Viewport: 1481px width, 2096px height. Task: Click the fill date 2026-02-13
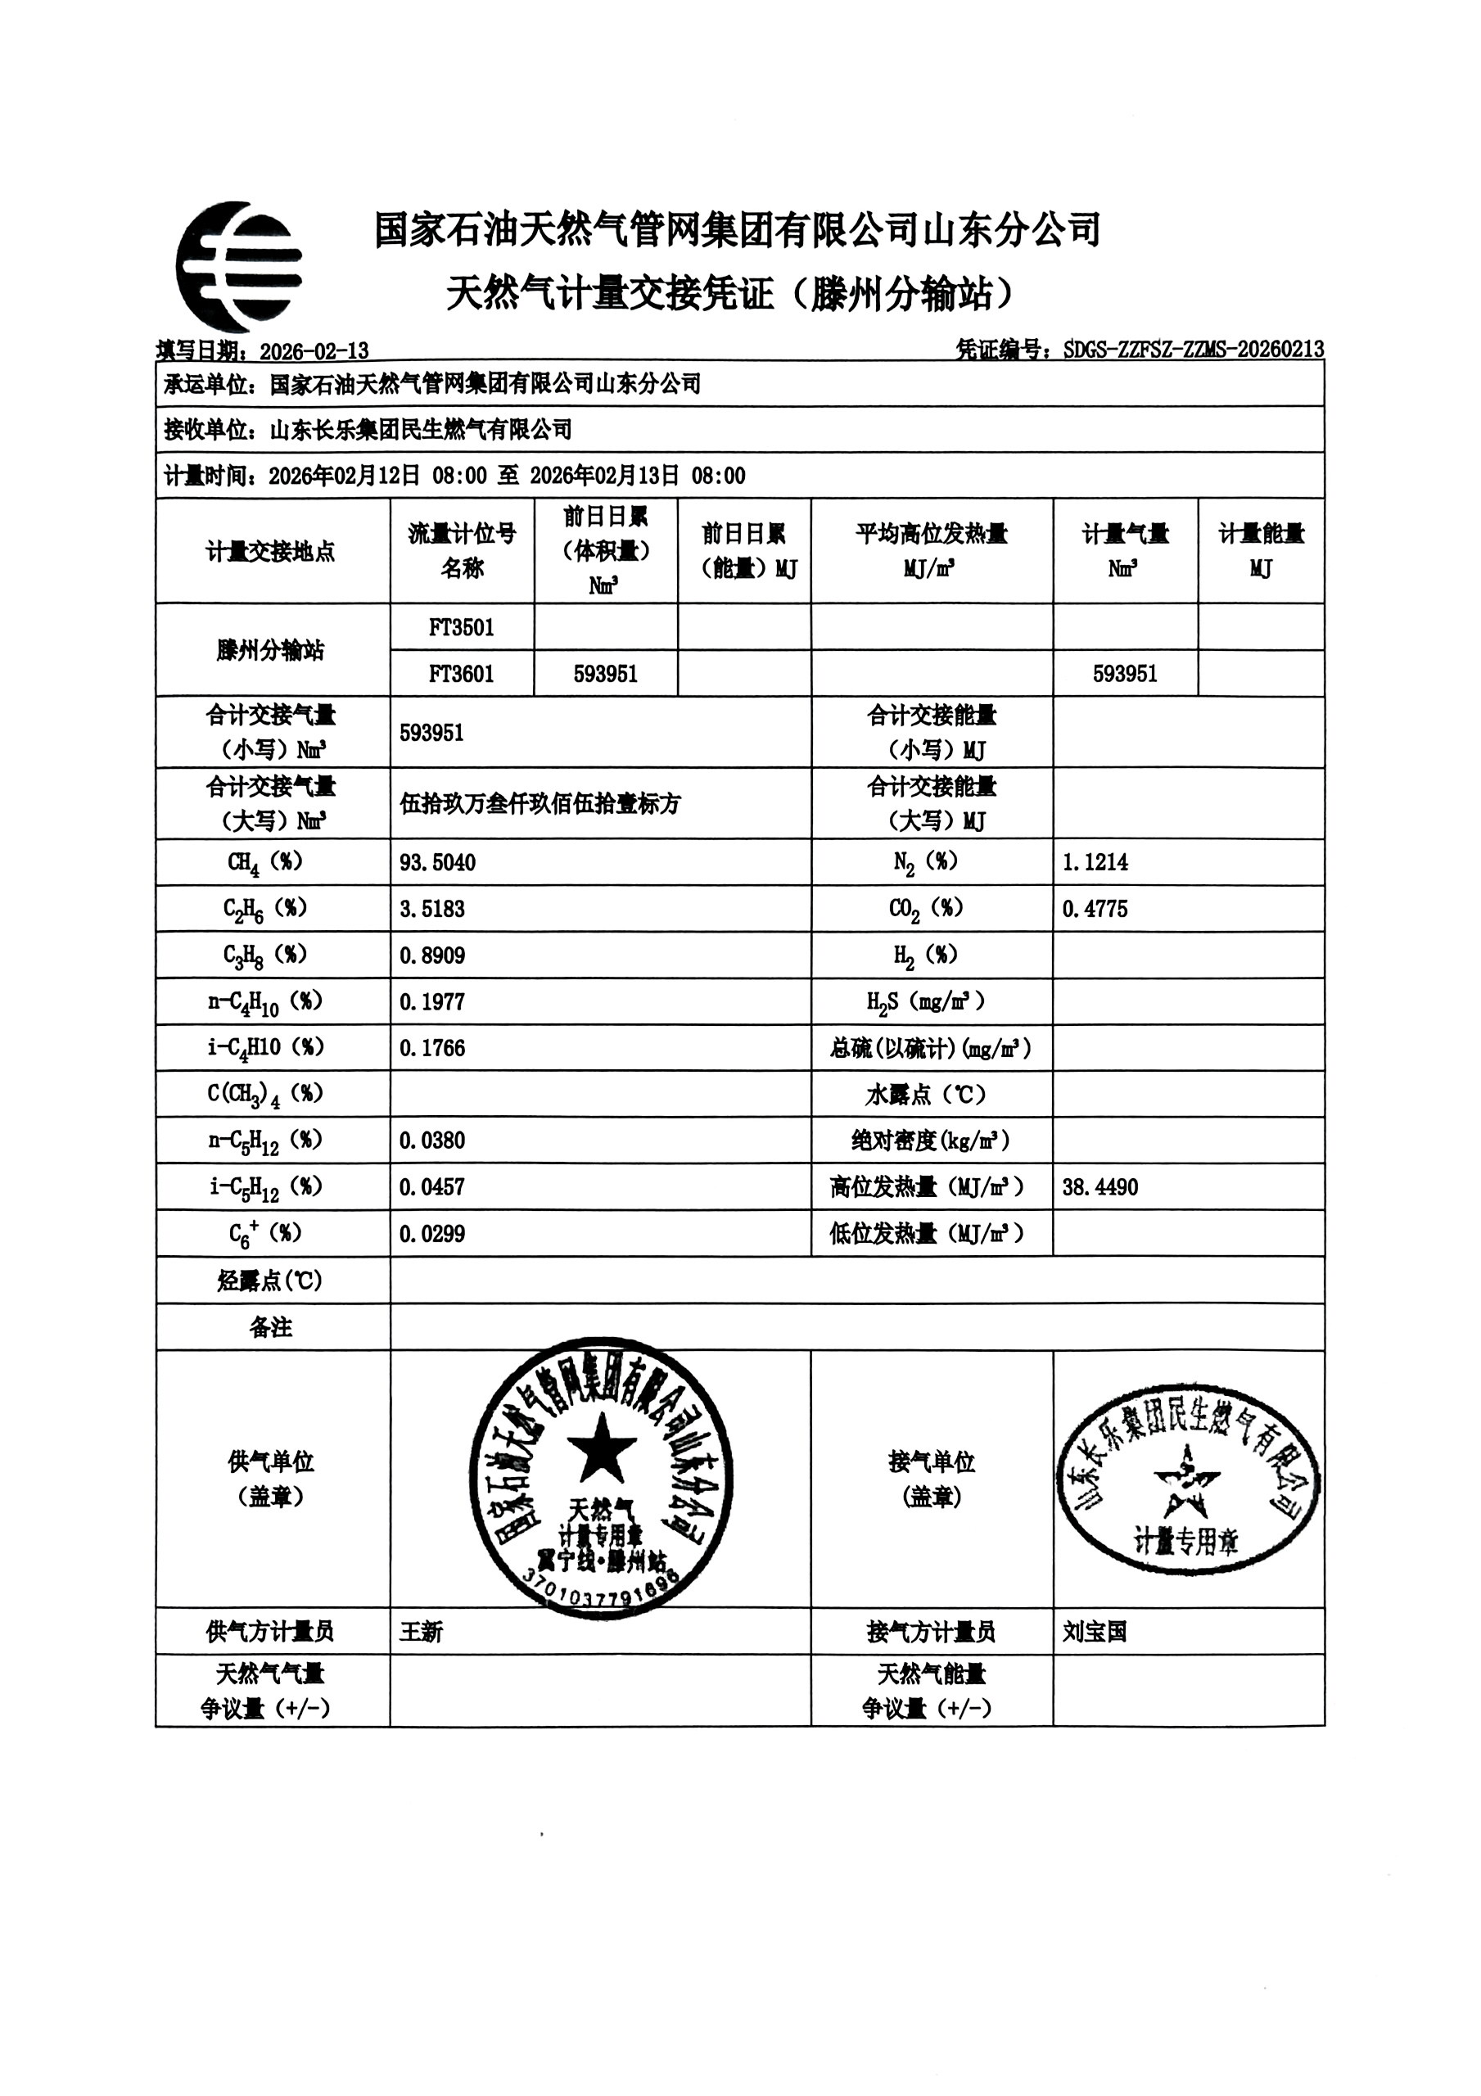(x=314, y=351)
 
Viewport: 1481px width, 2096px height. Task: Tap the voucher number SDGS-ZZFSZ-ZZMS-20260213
(x=1194, y=350)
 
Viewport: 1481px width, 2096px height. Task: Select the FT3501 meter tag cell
(x=461, y=627)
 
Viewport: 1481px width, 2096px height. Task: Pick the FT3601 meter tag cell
(x=461, y=674)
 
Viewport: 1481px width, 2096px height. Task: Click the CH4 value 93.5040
(x=437, y=863)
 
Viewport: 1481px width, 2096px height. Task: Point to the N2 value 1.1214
(x=1095, y=862)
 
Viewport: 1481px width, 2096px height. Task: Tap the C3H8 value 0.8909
(x=432, y=955)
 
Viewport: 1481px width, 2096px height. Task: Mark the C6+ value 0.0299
(x=432, y=1234)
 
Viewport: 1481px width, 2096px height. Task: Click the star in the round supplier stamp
(x=601, y=1448)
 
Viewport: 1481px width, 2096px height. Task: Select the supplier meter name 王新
(x=421, y=1631)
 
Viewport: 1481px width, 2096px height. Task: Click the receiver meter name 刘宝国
(x=1094, y=1631)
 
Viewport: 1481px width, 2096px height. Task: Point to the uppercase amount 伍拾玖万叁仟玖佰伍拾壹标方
(x=540, y=803)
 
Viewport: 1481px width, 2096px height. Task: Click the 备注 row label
(x=271, y=1327)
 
